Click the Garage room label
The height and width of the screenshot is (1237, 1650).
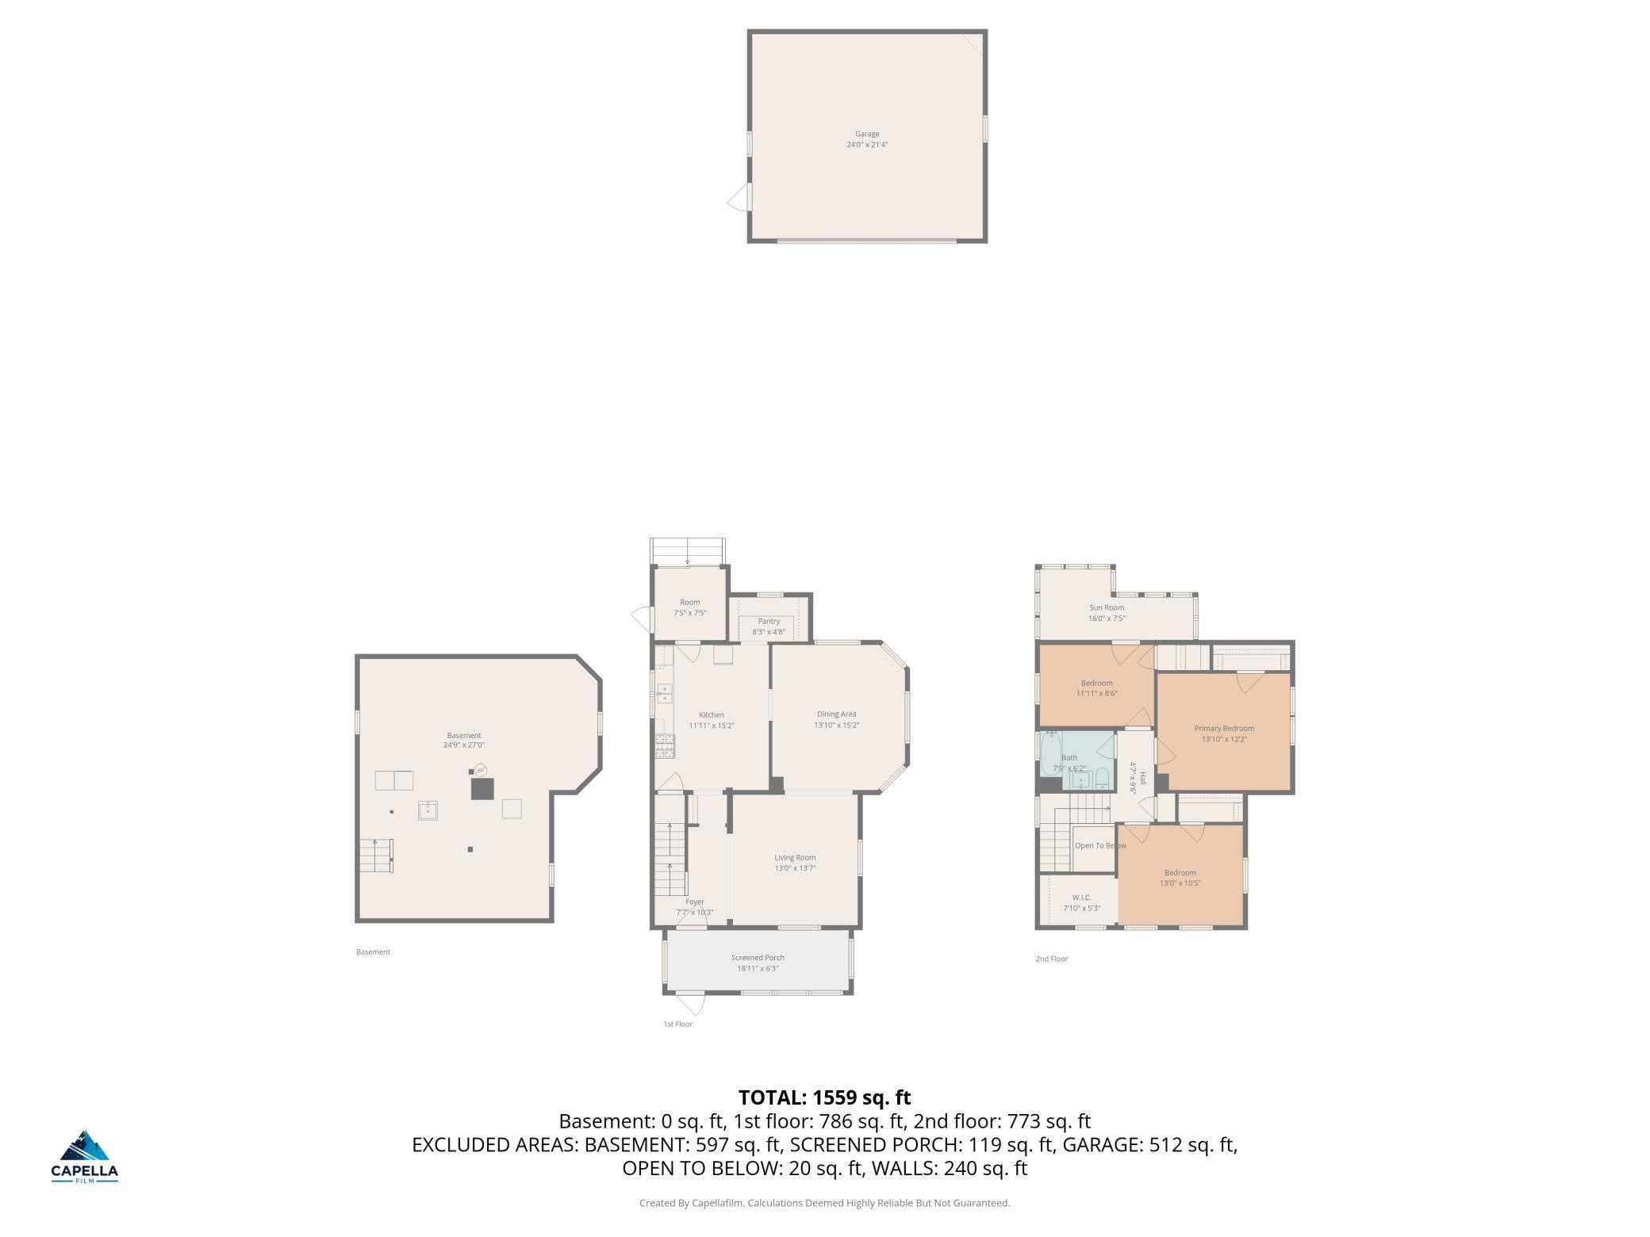point(867,134)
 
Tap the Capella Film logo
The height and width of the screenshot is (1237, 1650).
point(84,1156)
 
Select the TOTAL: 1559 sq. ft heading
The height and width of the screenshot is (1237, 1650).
point(825,1097)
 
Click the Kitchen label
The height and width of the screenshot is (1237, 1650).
point(712,714)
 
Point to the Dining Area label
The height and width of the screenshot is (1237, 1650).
point(837,714)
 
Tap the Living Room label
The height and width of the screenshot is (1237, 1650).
point(795,857)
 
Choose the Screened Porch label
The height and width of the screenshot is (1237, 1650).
point(758,958)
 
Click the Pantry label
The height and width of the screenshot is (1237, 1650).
point(769,622)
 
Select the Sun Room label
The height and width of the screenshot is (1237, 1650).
point(1107,607)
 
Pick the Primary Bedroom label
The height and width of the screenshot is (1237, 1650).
point(1224,728)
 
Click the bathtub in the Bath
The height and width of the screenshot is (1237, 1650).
point(1049,753)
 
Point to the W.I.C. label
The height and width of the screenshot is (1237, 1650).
point(1081,898)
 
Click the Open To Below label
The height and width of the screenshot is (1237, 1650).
point(1100,845)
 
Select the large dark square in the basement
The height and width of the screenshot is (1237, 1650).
point(482,788)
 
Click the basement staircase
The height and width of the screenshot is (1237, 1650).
point(376,855)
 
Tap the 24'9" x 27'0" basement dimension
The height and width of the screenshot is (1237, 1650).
point(464,745)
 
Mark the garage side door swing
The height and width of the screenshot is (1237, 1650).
point(739,198)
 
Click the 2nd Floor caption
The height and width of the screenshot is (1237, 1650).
point(1051,959)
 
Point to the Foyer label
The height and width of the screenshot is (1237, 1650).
point(695,902)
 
